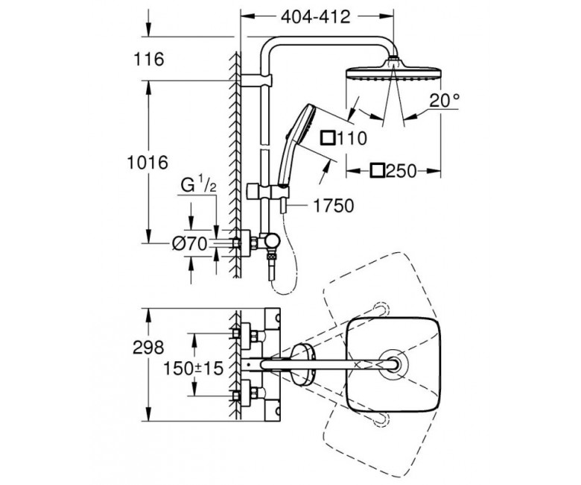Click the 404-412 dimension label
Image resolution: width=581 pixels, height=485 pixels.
coord(315,16)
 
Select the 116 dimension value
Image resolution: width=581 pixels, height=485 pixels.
coord(148,59)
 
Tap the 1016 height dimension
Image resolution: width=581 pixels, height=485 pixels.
coord(147,162)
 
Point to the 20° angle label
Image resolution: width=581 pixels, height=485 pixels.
coord(444,100)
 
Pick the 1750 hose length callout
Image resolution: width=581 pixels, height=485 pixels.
coord(334,206)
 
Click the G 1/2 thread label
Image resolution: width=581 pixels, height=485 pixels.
coord(199,185)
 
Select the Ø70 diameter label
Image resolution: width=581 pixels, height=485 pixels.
coord(189,244)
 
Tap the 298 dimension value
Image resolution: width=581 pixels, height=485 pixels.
coord(148,348)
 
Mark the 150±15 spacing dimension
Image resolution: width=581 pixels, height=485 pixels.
coord(194,368)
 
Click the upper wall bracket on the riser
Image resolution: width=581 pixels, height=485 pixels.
coord(257,81)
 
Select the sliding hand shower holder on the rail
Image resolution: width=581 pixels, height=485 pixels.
coord(268,191)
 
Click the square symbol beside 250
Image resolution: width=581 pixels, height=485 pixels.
coord(377,171)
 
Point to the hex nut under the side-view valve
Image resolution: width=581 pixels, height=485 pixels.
coord(272,256)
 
